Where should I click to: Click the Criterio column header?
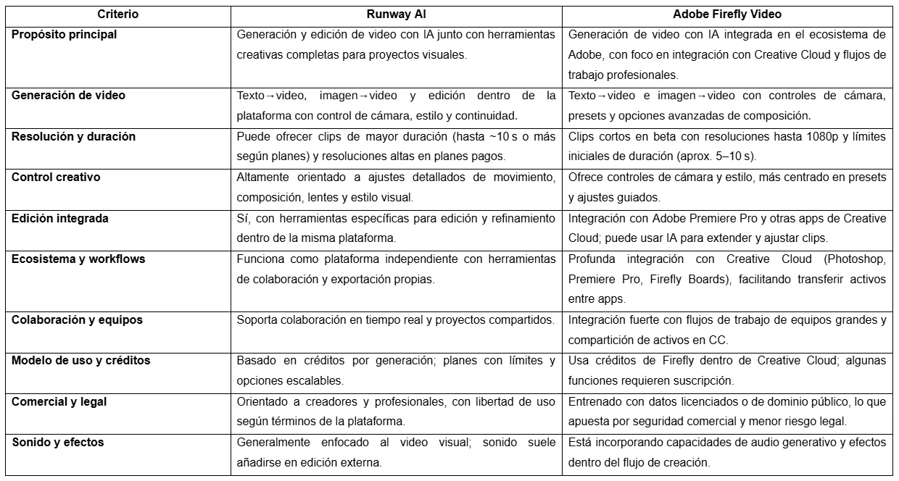tap(118, 14)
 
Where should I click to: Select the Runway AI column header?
tap(396, 14)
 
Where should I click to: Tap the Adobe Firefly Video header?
tap(727, 14)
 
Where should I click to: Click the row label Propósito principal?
tap(64, 34)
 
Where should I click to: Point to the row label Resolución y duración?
tap(73, 136)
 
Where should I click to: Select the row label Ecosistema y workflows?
tap(78, 259)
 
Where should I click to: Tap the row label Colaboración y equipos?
tap(77, 319)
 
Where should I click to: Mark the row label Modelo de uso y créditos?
tap(81, 360)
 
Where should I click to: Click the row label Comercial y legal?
tap(59, 401)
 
